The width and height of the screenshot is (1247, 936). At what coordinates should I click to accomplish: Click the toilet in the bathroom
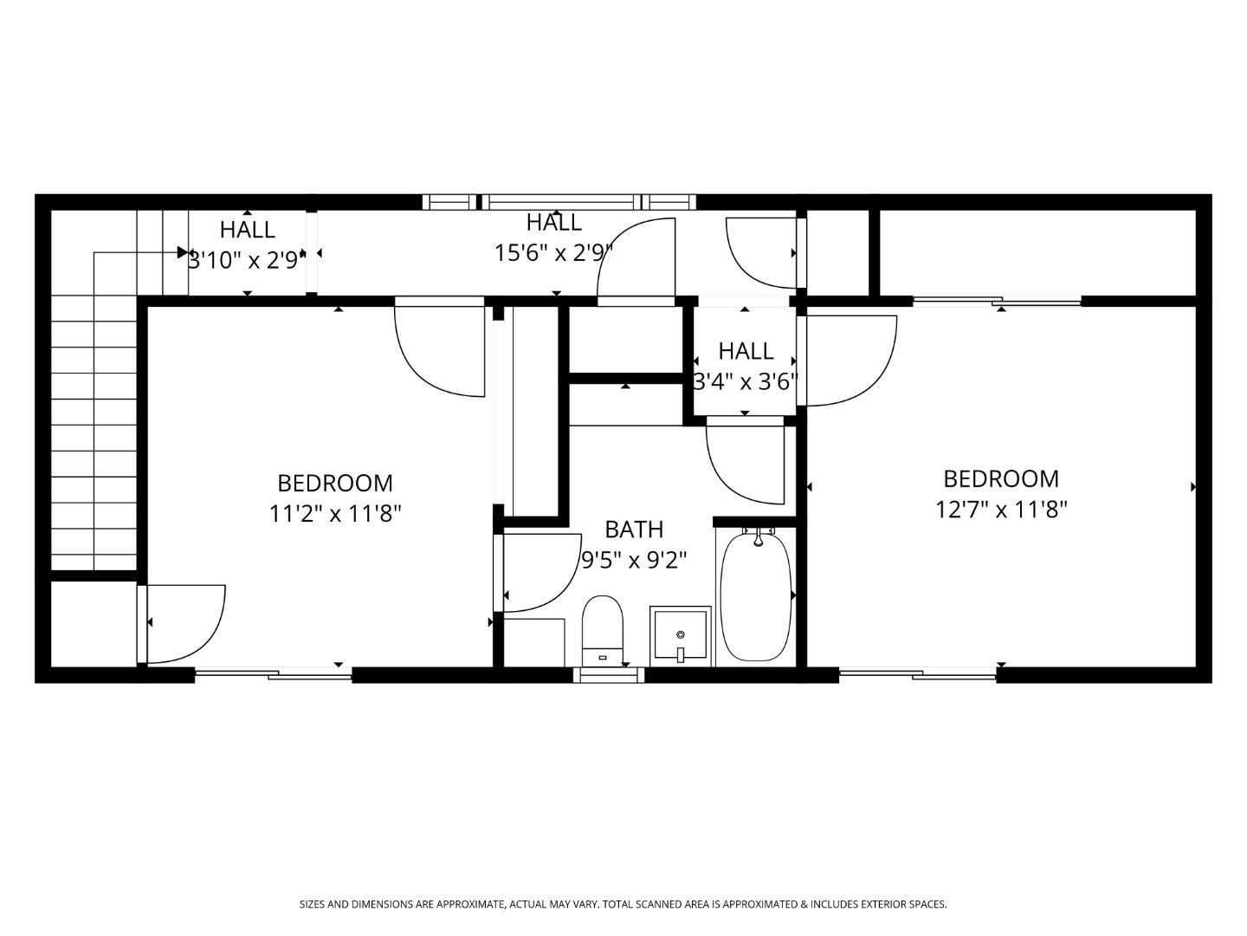pos(602,630)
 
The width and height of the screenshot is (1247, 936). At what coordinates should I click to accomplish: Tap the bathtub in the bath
pos(756,596)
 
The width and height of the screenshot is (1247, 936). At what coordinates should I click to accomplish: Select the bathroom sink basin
pos(681,635)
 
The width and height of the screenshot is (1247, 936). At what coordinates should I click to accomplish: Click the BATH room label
pos(634,530)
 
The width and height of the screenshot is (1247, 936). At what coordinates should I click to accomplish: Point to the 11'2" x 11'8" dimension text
pos(335,514)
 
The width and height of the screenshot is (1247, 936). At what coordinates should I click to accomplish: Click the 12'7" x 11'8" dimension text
pos(1001,510)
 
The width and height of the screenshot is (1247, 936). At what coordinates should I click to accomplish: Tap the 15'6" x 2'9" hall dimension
pos(554,253)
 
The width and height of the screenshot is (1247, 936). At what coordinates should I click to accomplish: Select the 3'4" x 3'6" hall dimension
pos(746,382)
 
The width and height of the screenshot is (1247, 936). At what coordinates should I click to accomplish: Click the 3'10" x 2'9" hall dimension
pos(247,261)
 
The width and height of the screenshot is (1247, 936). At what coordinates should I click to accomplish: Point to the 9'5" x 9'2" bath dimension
pos(634,561)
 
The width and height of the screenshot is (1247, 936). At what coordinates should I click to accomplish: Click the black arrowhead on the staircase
pos(183,251)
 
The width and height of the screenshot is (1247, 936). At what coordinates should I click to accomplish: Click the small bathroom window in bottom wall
pos(609,674)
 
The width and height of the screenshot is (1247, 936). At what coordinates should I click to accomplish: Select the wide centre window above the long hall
pos(561,202)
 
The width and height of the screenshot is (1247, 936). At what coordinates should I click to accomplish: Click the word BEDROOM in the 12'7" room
pos(1001,479)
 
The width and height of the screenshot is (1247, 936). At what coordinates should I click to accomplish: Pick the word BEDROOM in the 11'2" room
pos(335,484)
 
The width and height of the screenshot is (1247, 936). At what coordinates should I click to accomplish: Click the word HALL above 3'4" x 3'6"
pos(746,351)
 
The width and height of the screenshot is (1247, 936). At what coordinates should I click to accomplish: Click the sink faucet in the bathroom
pos(680,653)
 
